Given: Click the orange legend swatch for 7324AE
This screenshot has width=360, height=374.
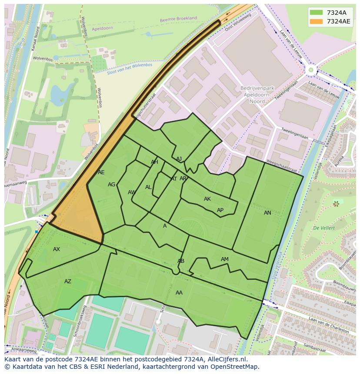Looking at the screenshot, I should tap(316, 21).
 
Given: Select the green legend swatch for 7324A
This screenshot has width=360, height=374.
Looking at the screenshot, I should tap(316, 13).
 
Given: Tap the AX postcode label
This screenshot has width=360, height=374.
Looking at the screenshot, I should tap(57, 249).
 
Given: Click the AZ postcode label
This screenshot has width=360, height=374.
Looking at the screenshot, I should tap(68, 281).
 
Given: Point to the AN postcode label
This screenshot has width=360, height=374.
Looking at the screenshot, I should tap(267, 213).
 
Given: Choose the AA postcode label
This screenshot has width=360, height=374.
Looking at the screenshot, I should tap(179, 293).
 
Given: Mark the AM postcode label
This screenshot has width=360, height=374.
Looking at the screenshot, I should tap(224, 259).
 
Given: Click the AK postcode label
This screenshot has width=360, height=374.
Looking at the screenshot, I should tap(207, 199).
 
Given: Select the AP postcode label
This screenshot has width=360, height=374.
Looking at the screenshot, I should tap(220, 210).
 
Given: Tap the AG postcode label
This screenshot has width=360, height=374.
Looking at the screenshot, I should tap(112, 185).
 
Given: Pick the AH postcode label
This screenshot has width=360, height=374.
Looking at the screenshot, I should tap(154, 162).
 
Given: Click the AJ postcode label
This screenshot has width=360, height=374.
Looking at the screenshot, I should tap(179, 159).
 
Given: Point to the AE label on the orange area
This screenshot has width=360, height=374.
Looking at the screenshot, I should tap(101, 172).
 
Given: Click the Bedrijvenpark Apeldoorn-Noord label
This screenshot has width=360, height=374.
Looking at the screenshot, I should tap(256, 95).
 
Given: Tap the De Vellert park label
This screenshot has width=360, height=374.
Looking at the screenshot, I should tap(323, 228).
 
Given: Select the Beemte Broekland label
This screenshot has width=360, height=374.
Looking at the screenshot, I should tap(178, 19).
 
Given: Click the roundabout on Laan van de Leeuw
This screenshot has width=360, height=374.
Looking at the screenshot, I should tap(311, 70).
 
